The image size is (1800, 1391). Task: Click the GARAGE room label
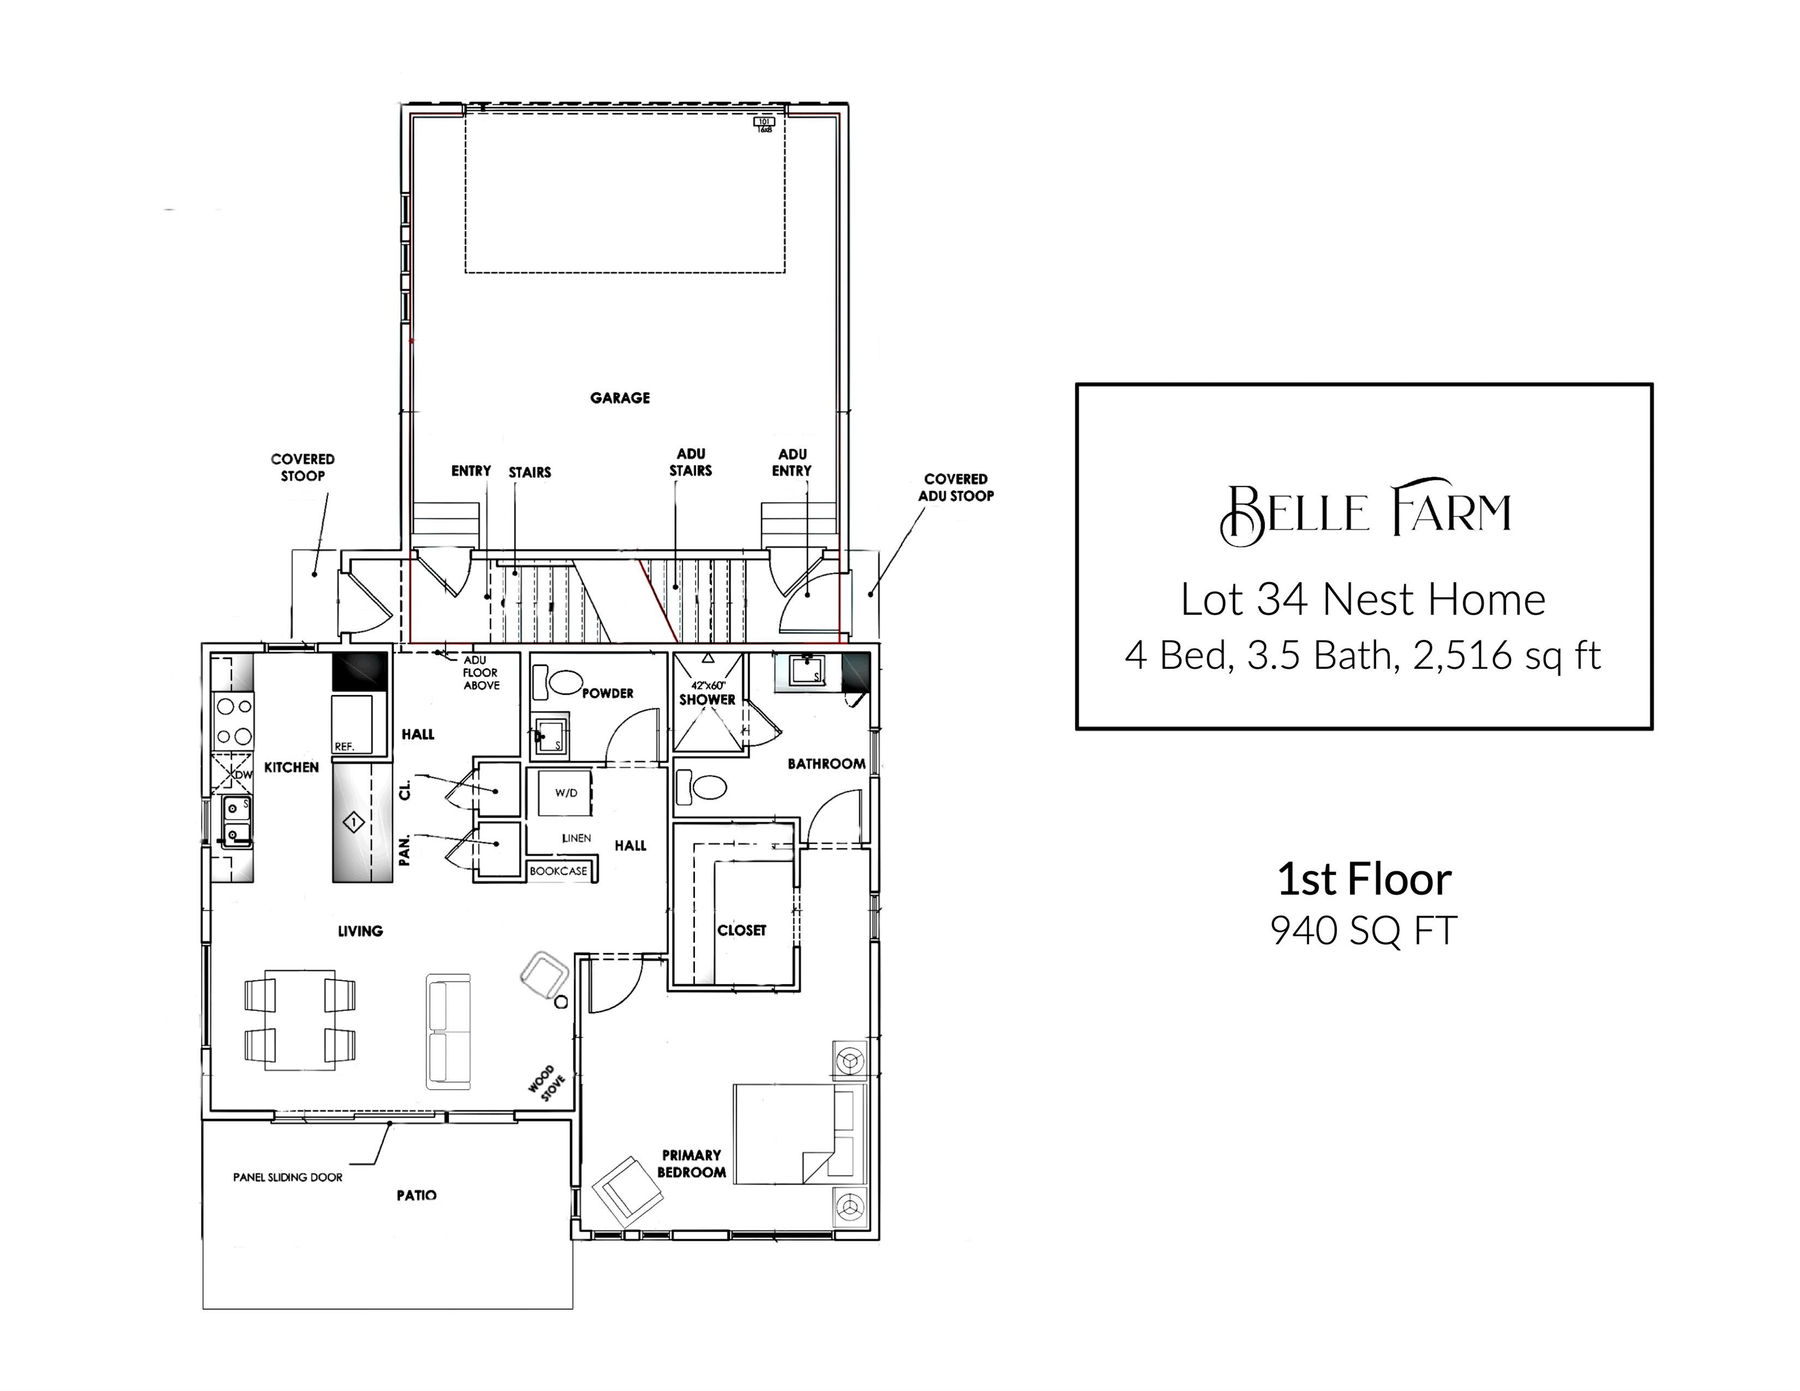click(x=620, y=398)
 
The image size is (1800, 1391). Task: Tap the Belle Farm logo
click(x=1365, y=512)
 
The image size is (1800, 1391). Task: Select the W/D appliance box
click(x=565, y=793)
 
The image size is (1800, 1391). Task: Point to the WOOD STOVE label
click(x=546, y=1083)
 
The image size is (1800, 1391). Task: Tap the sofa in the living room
click(x=449, y=1031)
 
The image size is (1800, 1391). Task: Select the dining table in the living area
click(x=300, y=1020)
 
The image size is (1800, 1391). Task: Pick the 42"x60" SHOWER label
click(x=707, y=693)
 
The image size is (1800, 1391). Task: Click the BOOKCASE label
click(x=559, y=871)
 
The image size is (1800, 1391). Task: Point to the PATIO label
click(x=416, y=1195)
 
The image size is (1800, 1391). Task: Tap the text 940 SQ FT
click(x=1364, y=930)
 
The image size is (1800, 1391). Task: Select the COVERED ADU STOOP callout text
click(x=956, y=487)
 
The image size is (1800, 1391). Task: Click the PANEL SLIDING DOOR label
click(x=287, y=1177)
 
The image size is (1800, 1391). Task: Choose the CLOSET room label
click(x=741, y=930)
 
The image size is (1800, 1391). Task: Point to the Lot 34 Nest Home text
click(x=1363, y=599)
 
